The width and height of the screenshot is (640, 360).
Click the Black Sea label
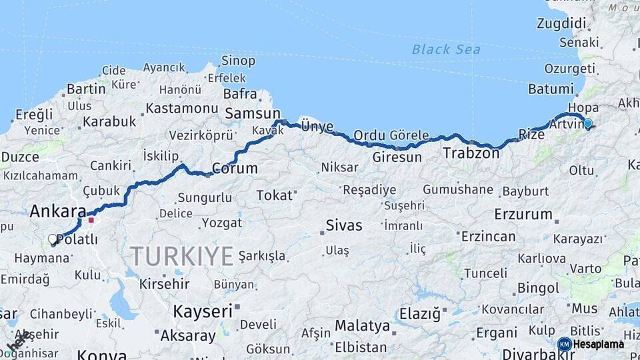tap(445, 49)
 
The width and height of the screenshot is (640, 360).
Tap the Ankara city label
tap(57, 211)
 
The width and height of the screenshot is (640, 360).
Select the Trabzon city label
tap(471, 153)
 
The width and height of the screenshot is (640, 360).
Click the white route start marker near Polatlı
tap(53, 239)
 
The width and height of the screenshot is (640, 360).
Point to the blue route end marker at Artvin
tap(587, 123)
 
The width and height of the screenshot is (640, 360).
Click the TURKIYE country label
tap(181, 256)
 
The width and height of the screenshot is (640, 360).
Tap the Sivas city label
tap(344, 225)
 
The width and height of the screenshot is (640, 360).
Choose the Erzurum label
tap(523, 215)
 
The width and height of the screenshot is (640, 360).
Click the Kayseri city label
tap(203, 311)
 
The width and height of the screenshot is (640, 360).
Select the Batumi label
tap(551, 89)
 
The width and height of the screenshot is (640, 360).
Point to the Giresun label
tap(397, 158)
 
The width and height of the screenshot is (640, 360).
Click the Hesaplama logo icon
tap(564, 344)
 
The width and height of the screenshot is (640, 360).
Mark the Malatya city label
tap(361, 326)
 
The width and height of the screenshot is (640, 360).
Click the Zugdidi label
tap(561, 23)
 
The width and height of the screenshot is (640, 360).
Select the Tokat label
tap(275, 195)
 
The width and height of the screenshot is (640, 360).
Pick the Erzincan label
tap(489, 237)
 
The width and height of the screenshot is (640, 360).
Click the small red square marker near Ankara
tap(91, 219)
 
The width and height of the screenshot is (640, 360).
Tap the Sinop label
tap(238, 61)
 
